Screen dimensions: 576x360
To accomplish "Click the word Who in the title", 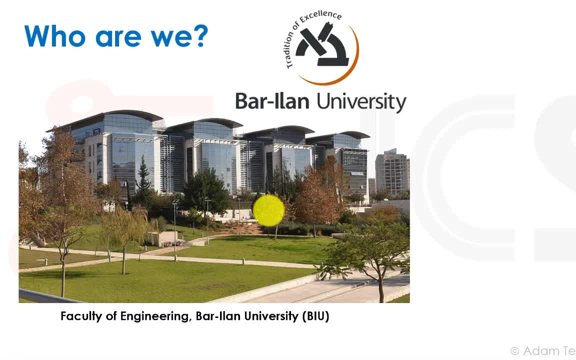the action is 54,36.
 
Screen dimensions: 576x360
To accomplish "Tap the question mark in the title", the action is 201,36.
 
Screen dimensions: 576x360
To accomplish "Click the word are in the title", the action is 118,38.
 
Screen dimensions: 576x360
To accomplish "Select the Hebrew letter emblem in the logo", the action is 322,44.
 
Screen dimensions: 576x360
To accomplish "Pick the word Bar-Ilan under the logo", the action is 272,101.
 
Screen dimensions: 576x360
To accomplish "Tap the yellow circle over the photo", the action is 268,210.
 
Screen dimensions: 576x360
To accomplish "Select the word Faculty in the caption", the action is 81,316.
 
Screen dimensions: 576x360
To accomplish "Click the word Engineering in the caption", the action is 156,316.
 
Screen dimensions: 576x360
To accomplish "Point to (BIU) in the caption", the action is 315,316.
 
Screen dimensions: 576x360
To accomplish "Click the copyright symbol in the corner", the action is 515,351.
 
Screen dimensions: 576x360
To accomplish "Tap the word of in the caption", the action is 111,316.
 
